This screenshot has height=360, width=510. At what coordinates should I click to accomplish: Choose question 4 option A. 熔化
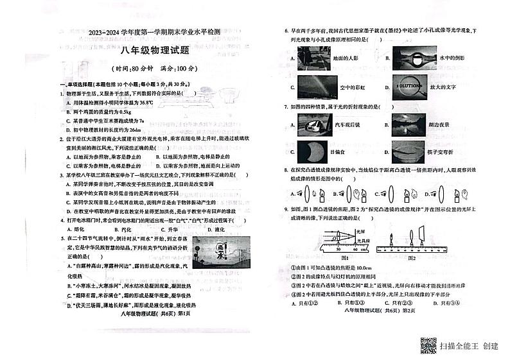[79, 228]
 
